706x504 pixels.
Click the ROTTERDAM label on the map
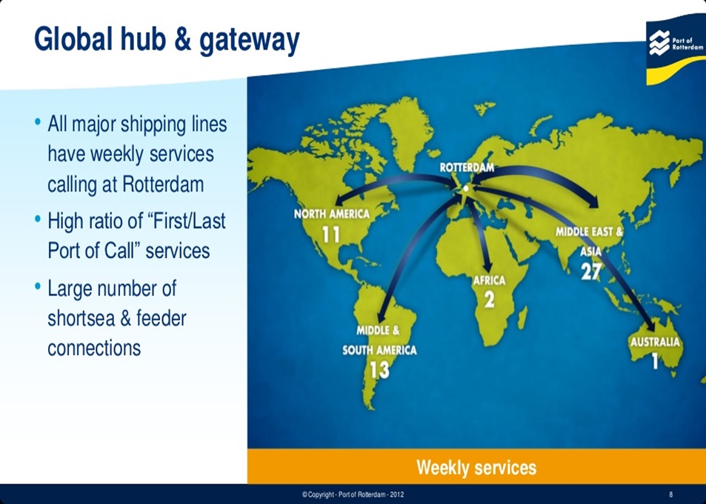467,168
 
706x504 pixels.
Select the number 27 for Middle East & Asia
590,271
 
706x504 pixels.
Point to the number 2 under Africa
489,299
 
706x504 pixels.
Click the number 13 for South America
379,369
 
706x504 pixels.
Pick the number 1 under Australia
655,361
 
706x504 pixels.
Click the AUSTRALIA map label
655,342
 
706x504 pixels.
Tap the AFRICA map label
489,281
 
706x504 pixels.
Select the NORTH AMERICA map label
331,214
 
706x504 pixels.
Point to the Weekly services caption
476,467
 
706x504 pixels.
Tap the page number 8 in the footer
670,494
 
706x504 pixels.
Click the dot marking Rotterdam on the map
465,189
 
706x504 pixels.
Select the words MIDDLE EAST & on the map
590,232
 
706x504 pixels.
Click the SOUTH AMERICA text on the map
379,350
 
